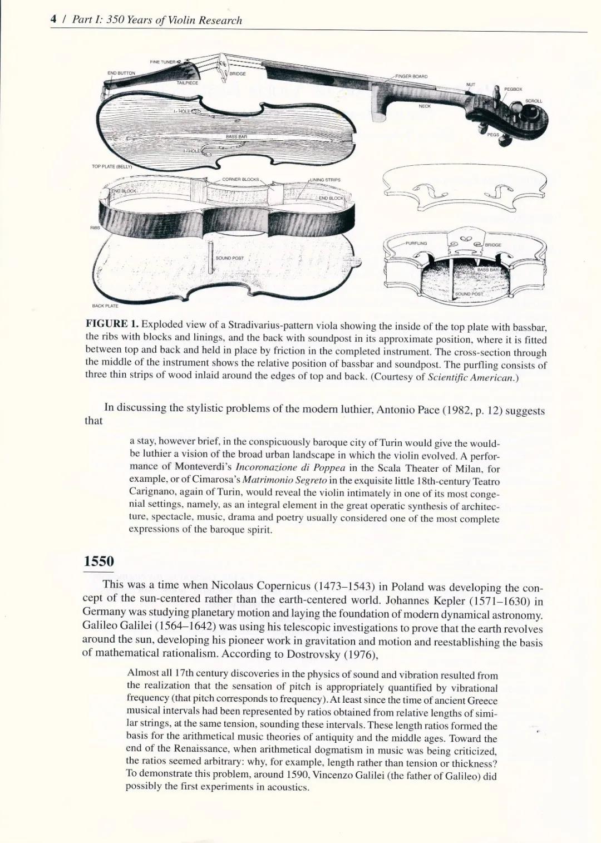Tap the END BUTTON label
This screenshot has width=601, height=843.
(x=121, y=73)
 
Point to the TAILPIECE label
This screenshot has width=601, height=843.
(x=188, y=82)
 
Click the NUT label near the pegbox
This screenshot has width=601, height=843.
(x=471, y=85)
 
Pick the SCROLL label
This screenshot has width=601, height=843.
(x=534, y=101)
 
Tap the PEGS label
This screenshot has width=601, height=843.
(x=493, y=135)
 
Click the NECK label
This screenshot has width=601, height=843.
(x=425, y=106)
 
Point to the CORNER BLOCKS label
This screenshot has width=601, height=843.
(x=240, y=179)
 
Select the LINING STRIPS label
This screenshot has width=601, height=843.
(x=326, y=180)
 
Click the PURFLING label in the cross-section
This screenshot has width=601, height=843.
(x=416, y=243)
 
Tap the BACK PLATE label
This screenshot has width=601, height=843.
(x=105, y=305)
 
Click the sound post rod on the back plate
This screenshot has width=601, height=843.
(x=211, y=258)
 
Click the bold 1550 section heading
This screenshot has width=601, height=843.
(x=98, y=561)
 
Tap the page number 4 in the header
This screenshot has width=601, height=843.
(x=53, y=20)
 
